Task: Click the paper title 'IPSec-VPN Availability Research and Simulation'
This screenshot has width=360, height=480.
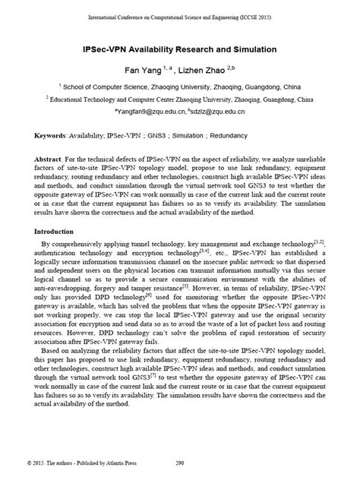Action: point(179,49)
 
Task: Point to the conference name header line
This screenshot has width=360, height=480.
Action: point(179,16)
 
